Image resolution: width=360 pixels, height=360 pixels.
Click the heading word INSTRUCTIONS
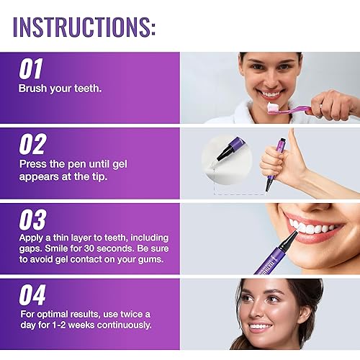point(84,26)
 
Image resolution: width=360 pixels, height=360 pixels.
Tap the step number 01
point(32,70)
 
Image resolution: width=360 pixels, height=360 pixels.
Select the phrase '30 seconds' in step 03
point(108,252)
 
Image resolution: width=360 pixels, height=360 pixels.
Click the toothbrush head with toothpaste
point(275,107)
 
